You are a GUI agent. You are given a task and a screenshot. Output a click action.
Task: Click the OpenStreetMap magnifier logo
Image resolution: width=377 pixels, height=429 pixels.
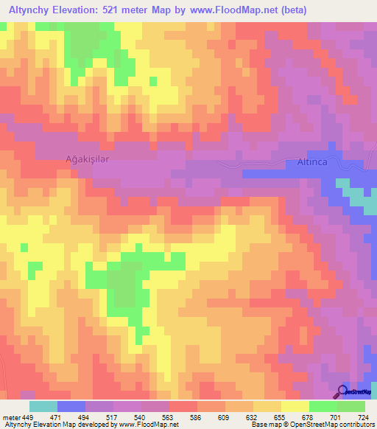[x=342, y=391]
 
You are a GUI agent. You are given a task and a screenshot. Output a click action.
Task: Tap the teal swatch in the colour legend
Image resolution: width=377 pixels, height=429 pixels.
[x=43, y=406]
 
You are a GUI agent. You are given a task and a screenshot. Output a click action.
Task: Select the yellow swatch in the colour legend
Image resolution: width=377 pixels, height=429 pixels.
[x=295, y=406]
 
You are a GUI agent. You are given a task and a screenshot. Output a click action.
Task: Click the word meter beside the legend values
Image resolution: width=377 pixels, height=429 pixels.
[x=11, y=416]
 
